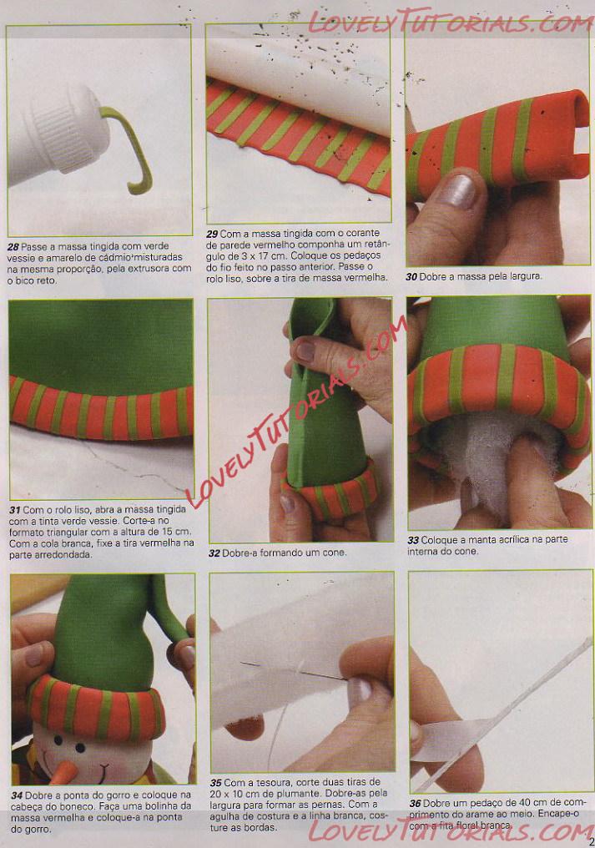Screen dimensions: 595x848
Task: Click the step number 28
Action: pos(13,246)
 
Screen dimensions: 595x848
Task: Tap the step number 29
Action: pos(212,235)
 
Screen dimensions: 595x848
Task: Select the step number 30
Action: pos(411,277)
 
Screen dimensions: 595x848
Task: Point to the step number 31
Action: pos(15,510)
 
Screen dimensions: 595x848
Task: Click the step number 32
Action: pos(214,553)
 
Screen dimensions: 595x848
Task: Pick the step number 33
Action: pos(413,540)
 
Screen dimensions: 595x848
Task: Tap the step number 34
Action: pos(17,795)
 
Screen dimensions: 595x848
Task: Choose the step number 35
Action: pos(216,783)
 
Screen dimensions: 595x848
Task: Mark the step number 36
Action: pos(415,804)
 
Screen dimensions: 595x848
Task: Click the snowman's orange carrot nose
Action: pos(63,772)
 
